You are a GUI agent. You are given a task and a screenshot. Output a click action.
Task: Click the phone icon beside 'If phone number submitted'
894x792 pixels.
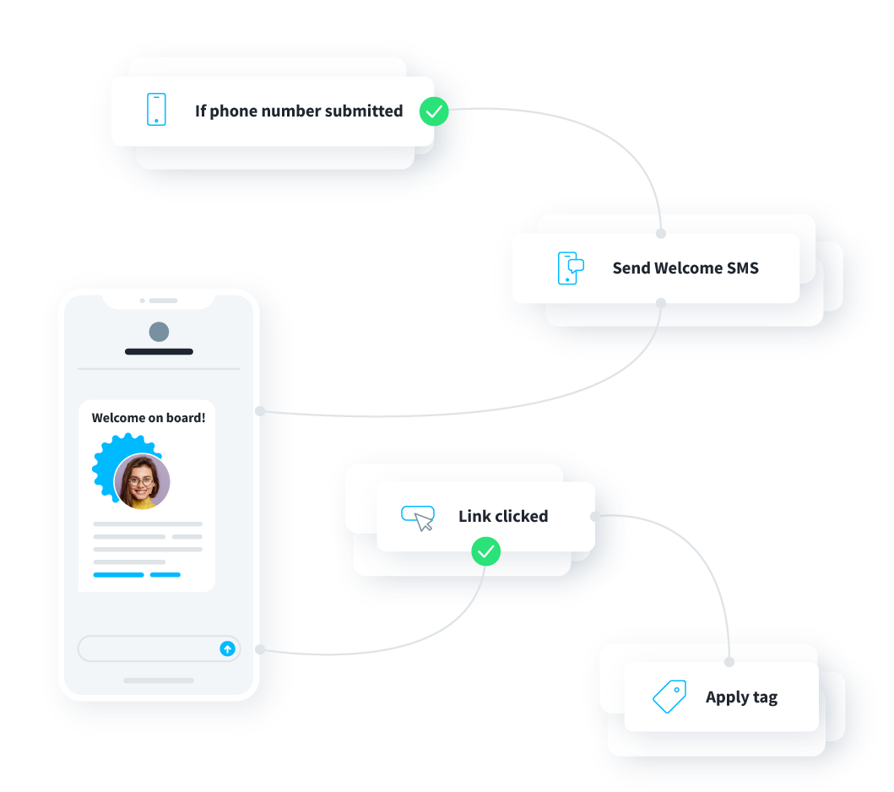click(x=156, y=110)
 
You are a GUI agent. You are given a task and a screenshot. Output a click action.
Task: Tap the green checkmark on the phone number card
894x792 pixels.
click(x=434, y=111)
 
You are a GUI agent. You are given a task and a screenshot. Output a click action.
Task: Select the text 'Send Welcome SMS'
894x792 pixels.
click(x=685, y=269)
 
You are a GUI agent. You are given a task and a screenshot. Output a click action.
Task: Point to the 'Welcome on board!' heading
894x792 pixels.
click(x=149, y=417)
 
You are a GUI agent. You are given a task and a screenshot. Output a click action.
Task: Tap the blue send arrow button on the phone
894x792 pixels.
click(x=226, y=648)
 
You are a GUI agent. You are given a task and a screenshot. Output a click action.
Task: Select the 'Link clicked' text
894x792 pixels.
click(x=503, y=516)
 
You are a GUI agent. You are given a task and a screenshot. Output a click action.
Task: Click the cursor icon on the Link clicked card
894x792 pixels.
click(x=418, y=518)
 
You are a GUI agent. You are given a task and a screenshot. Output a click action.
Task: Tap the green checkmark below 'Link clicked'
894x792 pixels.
click(x=485, y=552)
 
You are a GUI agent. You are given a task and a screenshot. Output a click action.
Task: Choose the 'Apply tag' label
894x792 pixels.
click(x=741, y=697)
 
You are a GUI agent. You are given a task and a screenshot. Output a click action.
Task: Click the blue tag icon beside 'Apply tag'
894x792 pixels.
click(x=669, y=697)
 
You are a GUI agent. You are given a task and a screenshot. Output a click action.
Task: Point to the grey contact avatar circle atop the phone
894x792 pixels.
click(x=159, y=332)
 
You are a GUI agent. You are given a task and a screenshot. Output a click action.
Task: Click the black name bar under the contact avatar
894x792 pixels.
click(x=159, y=351)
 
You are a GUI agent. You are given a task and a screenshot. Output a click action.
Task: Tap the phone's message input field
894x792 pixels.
click(x=148, y=648)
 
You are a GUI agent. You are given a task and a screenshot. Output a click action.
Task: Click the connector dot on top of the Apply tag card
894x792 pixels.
click(x=729, y=662)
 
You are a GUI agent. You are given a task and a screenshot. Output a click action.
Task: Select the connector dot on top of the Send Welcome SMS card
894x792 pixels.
click(x=661, y=234)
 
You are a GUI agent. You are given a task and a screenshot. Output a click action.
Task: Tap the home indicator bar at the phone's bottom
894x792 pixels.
click(x=159, y=680)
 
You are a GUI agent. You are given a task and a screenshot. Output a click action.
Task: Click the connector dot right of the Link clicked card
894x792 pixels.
click(x=595, y=516)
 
